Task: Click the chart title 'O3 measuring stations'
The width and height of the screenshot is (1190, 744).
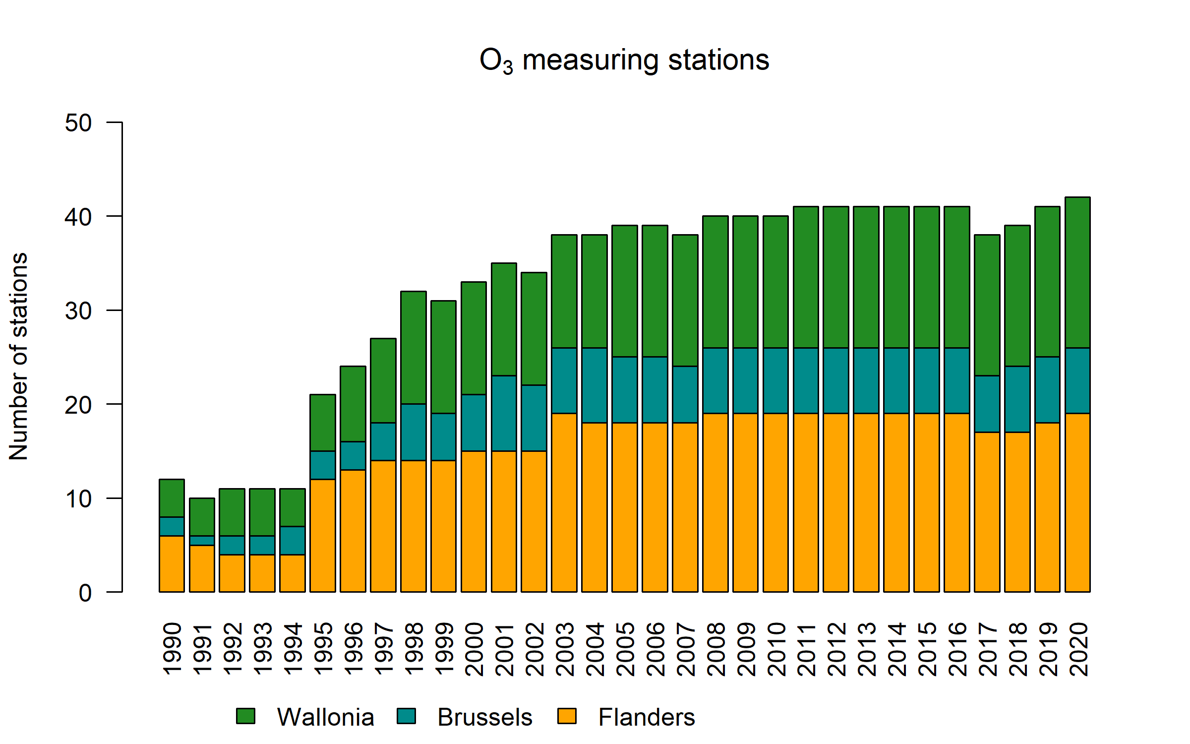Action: point(624,61)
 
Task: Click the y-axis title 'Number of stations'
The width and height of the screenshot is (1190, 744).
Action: point(19,357)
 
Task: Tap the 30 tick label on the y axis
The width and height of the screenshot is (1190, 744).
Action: point(78,311)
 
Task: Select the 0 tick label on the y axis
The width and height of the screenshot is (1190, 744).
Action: point(85,593)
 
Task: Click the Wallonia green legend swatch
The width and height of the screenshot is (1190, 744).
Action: point(245,716)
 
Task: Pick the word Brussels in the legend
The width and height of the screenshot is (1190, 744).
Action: point(484,717)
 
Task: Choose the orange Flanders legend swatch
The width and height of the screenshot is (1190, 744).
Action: point(567,716)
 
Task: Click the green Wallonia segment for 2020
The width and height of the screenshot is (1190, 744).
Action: point(1077,272)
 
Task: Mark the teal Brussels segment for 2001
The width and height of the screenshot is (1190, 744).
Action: point(504,413)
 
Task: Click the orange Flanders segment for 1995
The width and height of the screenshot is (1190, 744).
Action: point(323,536)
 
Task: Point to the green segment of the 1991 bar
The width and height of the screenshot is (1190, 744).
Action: point(202,517)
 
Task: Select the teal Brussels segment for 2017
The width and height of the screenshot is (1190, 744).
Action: point(987,404)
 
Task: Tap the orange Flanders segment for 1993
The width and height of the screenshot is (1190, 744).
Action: point(262,573)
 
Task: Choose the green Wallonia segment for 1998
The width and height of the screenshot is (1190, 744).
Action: point(414,348)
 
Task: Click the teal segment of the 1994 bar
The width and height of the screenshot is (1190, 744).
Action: point(293,541)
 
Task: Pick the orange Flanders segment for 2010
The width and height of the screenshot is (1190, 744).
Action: point(775,502)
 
